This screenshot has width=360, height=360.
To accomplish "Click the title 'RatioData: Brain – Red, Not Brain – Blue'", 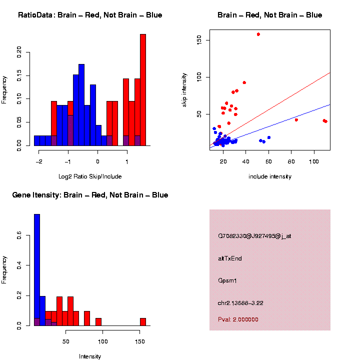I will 90,15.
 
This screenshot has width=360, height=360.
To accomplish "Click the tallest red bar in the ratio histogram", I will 143,90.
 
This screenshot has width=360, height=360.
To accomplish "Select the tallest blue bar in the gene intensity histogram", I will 37,270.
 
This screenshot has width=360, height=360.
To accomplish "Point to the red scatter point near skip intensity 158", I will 258,34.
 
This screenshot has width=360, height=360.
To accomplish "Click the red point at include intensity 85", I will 296,119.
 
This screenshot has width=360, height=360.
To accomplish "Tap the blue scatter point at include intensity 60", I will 268,137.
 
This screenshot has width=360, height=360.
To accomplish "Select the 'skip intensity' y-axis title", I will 185,89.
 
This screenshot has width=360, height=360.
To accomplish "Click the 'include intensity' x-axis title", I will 269,176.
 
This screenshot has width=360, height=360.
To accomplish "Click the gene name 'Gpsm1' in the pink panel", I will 227,280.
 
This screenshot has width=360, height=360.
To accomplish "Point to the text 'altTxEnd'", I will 230,258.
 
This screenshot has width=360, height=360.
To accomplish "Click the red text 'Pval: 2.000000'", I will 238,319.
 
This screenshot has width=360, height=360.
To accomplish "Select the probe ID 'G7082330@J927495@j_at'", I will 254,236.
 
